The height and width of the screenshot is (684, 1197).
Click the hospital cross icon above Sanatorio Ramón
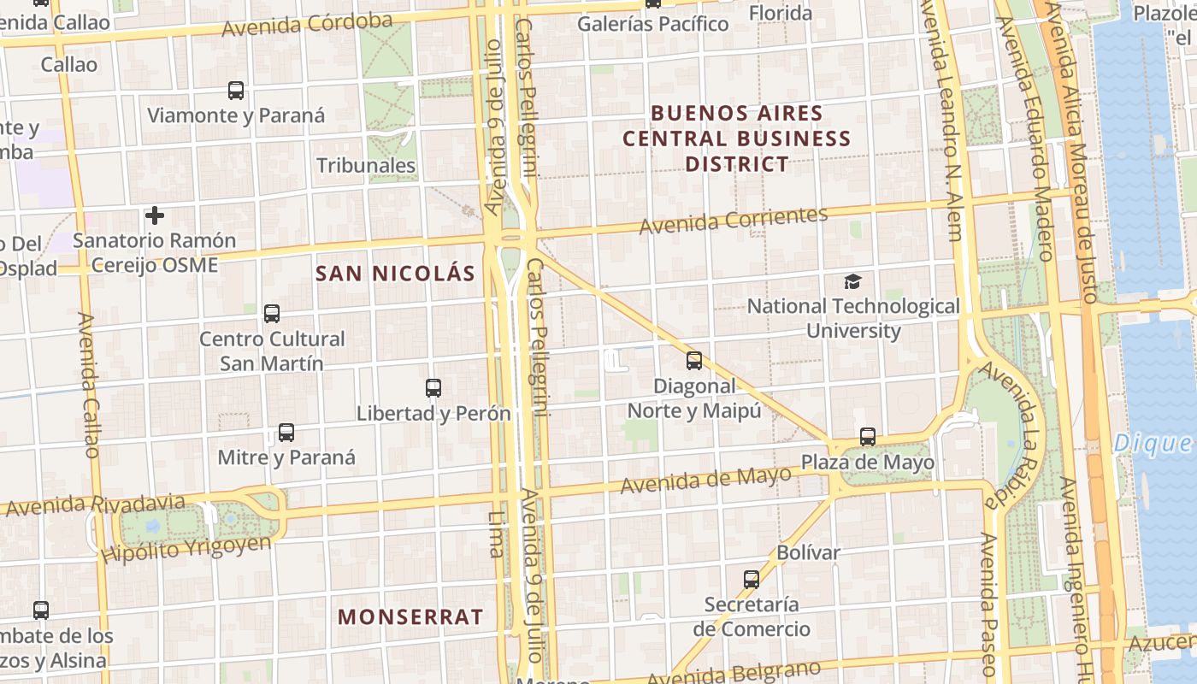pyautogui.click(x=155, y=215)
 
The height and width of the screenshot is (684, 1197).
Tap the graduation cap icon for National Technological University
pyautogui.click(x=852, y=281)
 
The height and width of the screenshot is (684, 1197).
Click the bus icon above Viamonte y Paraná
pyautogui.click(x=236, y=90)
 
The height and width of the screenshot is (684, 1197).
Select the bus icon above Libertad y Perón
pyautogui.click(x=433, y=388)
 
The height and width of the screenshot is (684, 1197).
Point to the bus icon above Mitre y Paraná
pyautogui.click(x=286, y=433)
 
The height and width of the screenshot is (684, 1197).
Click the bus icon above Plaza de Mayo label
pyautogui.click(x=868, y=437)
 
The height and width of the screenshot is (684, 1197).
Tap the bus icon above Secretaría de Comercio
pyautogui.click(x=752, y=579)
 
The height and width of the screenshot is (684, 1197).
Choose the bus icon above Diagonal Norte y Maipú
pyautogui.click(x=694, y=361)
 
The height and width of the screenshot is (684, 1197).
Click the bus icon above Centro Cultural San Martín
pyautogui.click(x=272, y=314)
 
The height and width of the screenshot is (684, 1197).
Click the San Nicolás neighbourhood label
pyautogui.click(x=395, y=274)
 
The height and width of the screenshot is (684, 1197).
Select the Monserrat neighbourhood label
pyautogui.click(x=410, y=616)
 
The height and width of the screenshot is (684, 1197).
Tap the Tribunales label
pyautogui.click(x=366, y=165)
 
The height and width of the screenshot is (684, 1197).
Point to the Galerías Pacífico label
pyautogui.click(x=653, y=24)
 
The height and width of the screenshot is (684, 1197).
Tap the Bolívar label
pyautogui.click(x=809, y=552)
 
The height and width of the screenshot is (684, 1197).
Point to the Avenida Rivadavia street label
pyautogui.click(x=94, y=504)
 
